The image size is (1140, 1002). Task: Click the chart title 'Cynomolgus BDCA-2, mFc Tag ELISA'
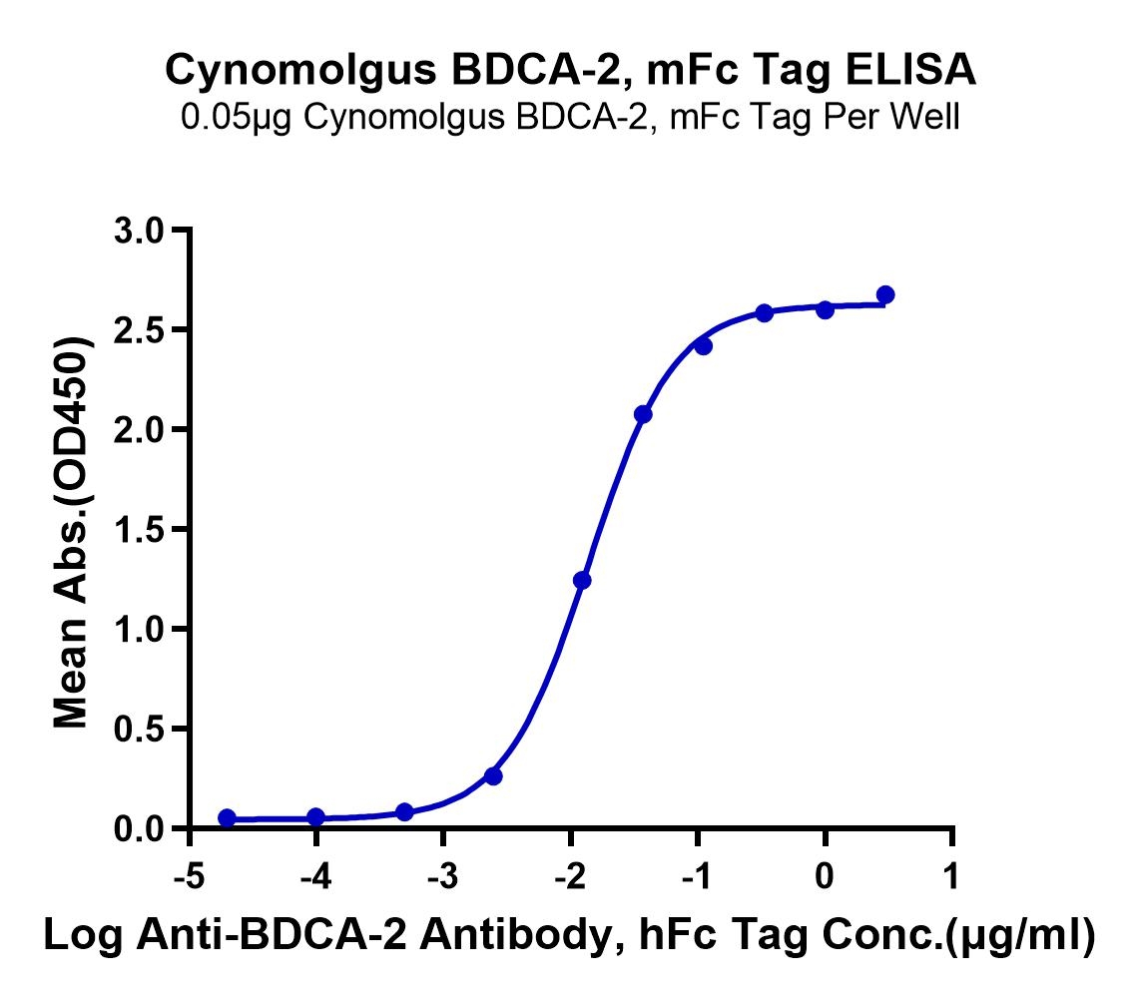570,71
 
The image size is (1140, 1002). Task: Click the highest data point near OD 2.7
885,294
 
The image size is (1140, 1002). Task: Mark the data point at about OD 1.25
582,580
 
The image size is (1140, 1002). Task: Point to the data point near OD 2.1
643,413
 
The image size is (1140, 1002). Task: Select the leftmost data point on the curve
227,818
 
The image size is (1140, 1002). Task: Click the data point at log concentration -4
315,817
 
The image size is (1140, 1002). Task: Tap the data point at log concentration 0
825,309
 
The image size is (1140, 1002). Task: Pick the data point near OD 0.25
493,775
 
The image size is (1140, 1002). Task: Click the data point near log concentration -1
703,345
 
